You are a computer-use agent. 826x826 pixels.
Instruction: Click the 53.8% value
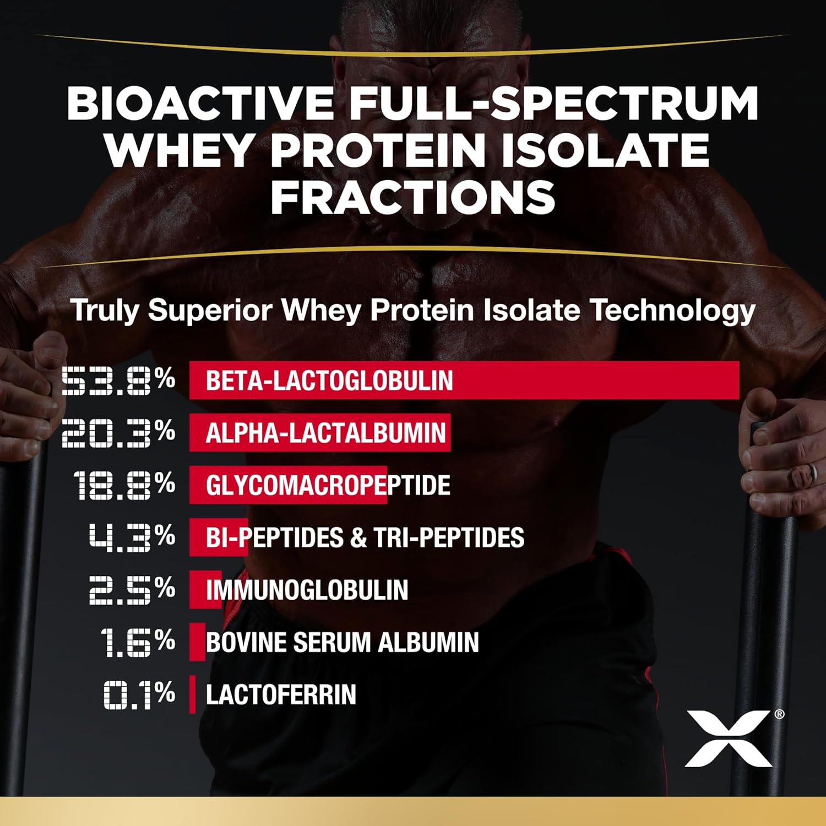click(x=118, y=381)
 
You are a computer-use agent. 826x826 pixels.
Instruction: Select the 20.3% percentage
click(x=118, y=433)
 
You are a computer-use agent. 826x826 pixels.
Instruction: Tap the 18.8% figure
click(x=124, y=485)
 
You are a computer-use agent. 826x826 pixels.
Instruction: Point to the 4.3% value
click(x=132, y=537)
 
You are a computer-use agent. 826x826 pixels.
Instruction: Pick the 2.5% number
click(x=132, y=589)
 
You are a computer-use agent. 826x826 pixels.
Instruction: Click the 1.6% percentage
click(x=138, y=642)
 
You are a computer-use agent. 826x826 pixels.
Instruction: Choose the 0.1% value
click(x=139, y=694)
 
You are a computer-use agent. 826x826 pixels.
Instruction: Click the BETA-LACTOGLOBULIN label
click(x=329, y=381)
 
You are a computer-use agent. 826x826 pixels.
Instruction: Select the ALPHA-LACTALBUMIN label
click(x=325, y=433)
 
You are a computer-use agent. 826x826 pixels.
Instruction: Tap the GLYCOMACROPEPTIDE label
click(x=328, y=485)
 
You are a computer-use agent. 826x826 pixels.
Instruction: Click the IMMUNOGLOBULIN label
click(x=307, y=590)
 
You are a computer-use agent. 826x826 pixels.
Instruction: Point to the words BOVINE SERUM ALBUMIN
click(x=342, y=642)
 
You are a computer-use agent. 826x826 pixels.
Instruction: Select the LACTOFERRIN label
click(x=281, y=694)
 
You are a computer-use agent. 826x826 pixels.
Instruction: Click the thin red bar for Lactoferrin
click(x=192, y=694)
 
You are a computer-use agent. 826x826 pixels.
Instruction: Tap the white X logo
click(x=728, y=738)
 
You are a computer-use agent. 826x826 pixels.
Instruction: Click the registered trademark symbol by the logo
click(x=779, y=714)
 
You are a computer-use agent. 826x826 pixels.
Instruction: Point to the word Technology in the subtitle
click(x=672, y=310)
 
